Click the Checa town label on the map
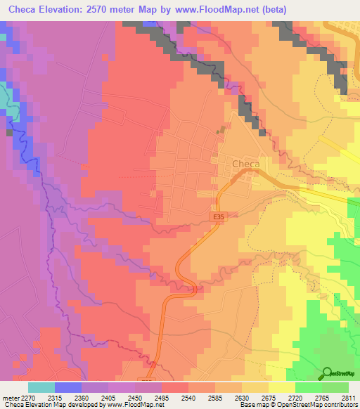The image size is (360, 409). [245, 164]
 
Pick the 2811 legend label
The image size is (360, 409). [349, 398]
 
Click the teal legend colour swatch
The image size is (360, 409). [41, 387]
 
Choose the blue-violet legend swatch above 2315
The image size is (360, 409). [68, 387]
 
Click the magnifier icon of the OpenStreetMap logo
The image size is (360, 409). [327, 372]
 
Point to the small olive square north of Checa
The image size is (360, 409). [224, 129]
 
